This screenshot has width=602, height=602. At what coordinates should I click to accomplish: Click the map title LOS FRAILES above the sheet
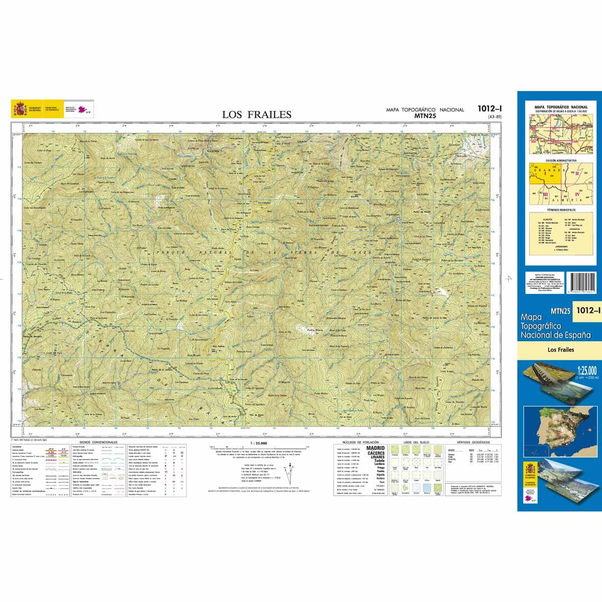pyautogui.click(x=256, y=114)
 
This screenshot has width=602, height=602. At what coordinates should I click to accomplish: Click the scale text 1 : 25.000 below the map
pyautogui.click(x=258, y=443)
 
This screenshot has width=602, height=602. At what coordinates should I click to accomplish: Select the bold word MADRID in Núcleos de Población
pyautogui.click(x=376, y=448)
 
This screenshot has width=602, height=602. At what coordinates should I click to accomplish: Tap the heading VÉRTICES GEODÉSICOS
pyautogui.click(x=470, y=442)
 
